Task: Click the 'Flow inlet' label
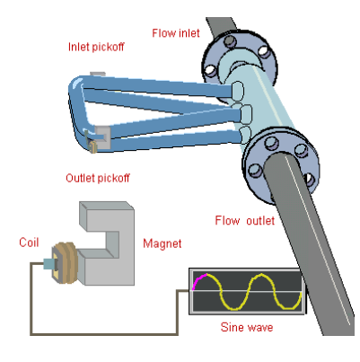[x=176, y=33]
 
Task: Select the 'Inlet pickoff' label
[x=96, y=47]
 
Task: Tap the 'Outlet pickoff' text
[x=98, y=178]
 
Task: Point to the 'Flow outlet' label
[x=244, y=221]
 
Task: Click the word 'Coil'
[x=29, y=243]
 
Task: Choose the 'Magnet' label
[x=162, y=243]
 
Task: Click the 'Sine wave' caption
[x=247, y=327]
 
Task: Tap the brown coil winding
[x=66, y=262]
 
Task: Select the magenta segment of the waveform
[x=198, y=280]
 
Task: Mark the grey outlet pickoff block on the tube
[x=102, y=137]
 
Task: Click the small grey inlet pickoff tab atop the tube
[x=98, y=74]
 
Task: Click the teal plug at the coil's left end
[x=48, y=263]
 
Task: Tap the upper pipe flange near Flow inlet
[x=240, y=61]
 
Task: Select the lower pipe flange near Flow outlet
[x=280, y=164]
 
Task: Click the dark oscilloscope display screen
[x=247, y=291]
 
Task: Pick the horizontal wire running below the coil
[x=104, y=333]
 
